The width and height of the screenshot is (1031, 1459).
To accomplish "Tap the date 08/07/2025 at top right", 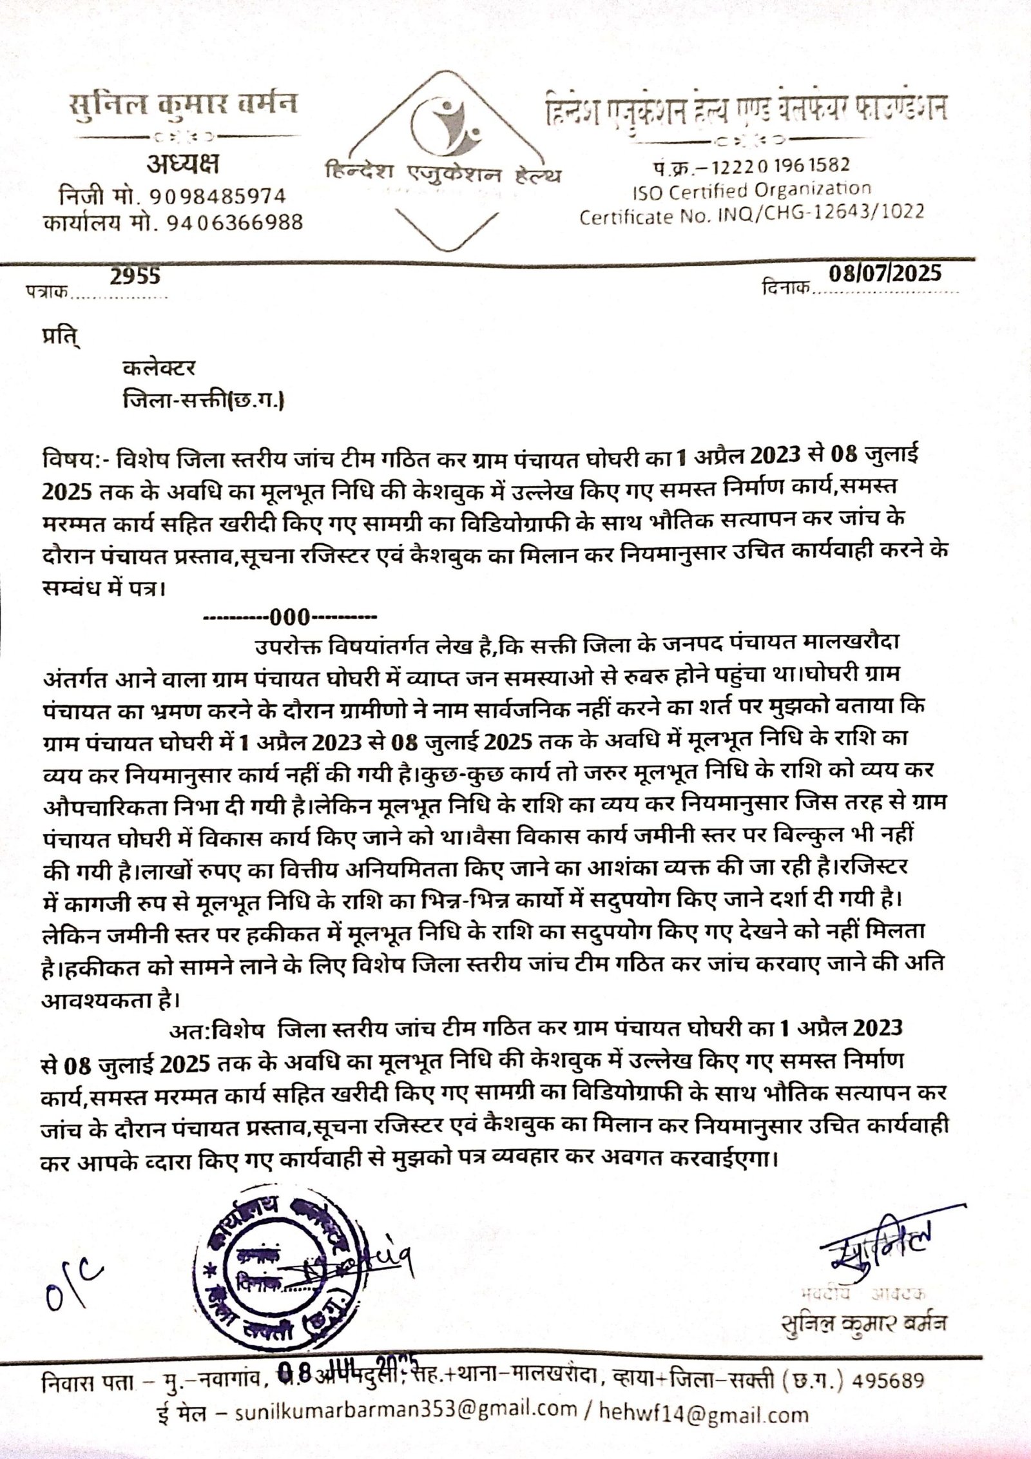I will pyautogui.click(x=885, y=273).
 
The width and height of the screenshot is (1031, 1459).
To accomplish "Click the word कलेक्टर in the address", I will pyautogui.click(x=159, y=369).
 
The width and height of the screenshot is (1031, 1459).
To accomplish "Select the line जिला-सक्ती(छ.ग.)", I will pyautogui.click(x=204, y=401).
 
